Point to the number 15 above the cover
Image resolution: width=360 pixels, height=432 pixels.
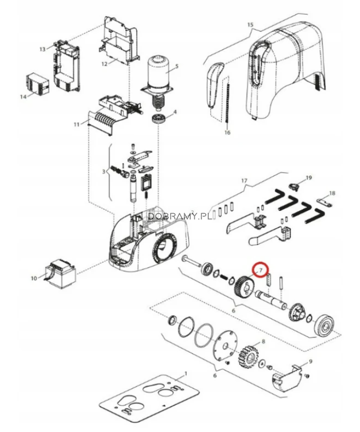point(250,25)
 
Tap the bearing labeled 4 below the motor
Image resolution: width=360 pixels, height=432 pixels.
point(159,119)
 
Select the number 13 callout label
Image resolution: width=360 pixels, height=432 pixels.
point(42,50)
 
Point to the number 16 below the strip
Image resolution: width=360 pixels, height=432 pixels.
point(227,132)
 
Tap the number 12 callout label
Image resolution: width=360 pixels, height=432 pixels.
point(104,64)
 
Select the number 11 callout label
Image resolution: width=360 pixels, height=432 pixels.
point(76,124)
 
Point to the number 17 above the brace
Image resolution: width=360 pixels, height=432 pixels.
point(244,181)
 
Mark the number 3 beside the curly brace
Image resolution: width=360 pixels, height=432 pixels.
point(104,171)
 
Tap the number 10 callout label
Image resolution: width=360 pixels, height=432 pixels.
point(34,278)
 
